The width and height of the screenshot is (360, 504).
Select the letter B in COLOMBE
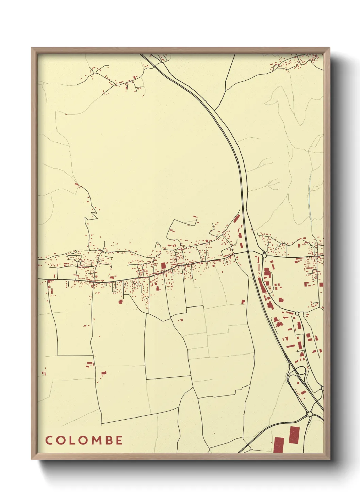point(109,440)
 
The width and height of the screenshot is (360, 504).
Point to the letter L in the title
point(72,440)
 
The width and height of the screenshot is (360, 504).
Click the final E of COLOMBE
point(119,440)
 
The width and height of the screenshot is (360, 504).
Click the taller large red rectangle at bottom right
point(294,435)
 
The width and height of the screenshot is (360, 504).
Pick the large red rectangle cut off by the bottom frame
point(279,445)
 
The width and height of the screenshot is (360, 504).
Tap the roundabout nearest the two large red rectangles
point(310,414)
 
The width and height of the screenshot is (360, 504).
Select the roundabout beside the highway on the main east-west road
point(264,255)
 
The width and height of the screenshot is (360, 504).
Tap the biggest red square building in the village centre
point(163,265)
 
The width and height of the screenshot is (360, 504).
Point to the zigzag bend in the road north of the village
point(93,213)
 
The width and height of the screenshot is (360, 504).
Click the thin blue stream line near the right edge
point(310,191)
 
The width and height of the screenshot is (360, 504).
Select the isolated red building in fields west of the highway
point(243,302)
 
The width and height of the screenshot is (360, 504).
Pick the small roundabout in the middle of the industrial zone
point(297,313)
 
